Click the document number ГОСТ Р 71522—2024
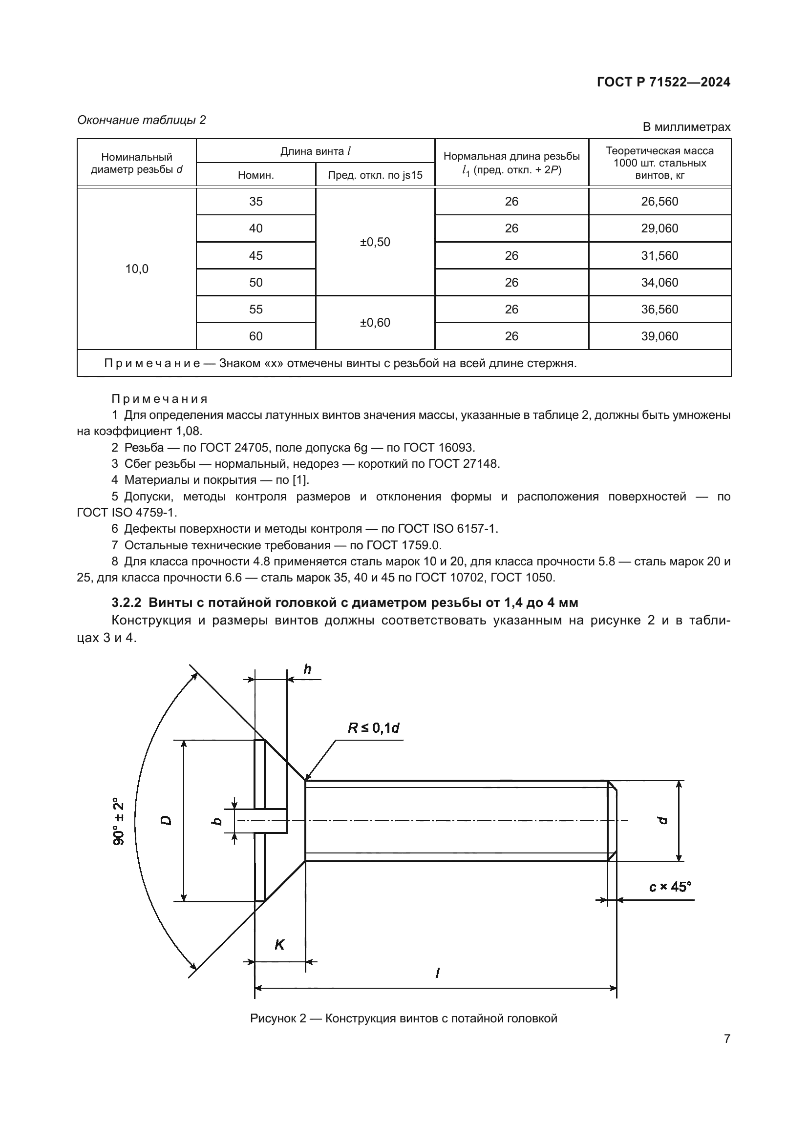[x=663, y=82]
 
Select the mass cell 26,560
[x=659, y=202]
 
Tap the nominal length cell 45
[x=255, y=256]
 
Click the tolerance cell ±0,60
[x=375, y=323]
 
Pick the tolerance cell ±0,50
[x=375, y=242]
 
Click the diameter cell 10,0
[x=136, y=269]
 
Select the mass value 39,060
[x=659, y=336]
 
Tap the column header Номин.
[x=255, y=175]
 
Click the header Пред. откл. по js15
[x=375, y=175]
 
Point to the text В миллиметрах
[x=686, y=127]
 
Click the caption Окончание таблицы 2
[x=141, y=120]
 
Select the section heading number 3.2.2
[x=127, y=603]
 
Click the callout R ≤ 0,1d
[x=373, y=728]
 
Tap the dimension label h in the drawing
[x=307, y=669]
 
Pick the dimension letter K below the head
[x=279, y=945]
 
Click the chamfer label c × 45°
[x=670, y=887]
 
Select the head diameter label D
[x=166, y=820]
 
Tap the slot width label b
[x=216, y=820]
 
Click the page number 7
[x=726, y=1038]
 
